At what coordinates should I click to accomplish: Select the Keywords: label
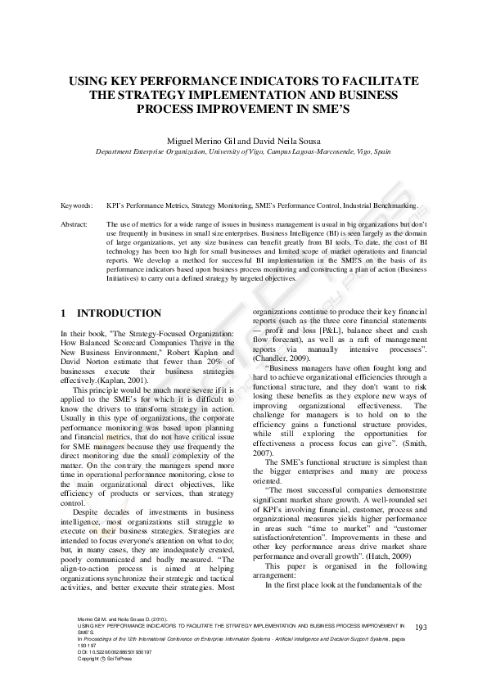[77, 206]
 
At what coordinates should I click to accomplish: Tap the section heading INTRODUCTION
[119, 313]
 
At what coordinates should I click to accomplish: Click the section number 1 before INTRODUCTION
[65, 313]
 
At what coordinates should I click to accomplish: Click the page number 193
[422, 651]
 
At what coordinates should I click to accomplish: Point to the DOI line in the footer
[115, 674]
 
